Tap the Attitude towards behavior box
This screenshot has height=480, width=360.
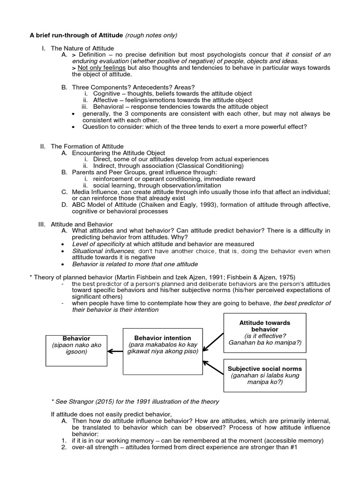[265, 333]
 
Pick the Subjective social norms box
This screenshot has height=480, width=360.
[265, 375]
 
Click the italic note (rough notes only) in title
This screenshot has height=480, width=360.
[151, 35]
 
